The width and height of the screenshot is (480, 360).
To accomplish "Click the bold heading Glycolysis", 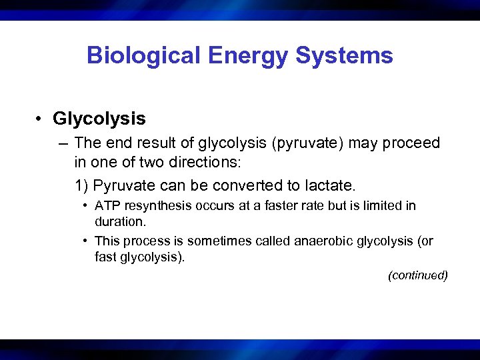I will coord(99,119).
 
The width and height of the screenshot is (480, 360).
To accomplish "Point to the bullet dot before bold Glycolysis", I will coord(41,120).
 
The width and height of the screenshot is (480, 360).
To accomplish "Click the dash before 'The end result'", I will coord(63,143).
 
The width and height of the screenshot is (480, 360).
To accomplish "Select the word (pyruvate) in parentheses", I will coord(312,143).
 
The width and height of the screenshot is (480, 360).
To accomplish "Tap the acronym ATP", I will coord(107,205).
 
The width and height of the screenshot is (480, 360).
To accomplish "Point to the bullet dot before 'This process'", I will coord(87,241).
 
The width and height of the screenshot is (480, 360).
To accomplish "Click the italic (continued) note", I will coord(417,275).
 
